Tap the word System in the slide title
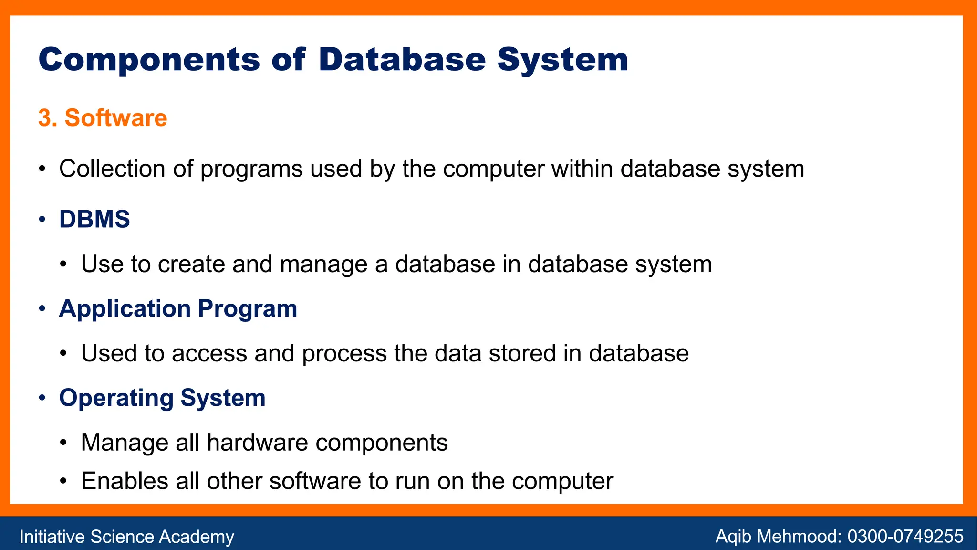pyautogui.click(x=562, y=60)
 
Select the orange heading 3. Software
pyautogui.click(x=103, y=118)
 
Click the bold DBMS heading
pyautogui.click(x=94, y=219)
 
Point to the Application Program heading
pyautogui.click(x=178, y=308)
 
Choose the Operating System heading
pyautogui.click(x=162, y=398)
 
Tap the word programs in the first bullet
pyautogui.click(x=251, y=169)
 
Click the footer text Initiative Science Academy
pyautogui.click(x=126, y=537)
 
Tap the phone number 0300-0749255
pyautogui.click(x=905, y=537)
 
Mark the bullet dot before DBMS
pyautogui.click(x=42, y=220)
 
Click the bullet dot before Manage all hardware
pyautogui.click(x=64, y=443)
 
